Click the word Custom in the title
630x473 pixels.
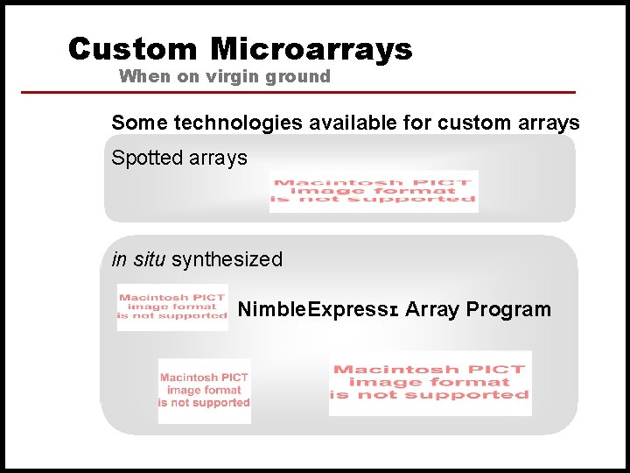[x=134, y=49]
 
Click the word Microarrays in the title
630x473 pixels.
[x=311, y=49]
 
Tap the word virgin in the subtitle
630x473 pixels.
[x=234, y=76]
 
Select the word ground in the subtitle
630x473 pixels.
[x=298, y=76]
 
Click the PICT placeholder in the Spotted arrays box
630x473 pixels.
[x=374, y=191]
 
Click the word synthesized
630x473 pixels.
[x=227, y=260]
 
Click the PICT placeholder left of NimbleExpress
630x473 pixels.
[x=172, y=307]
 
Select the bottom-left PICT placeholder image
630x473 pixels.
[x=204, y=391]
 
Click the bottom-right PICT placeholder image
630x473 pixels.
[x=430, y=383]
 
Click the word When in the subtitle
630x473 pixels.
[x=145, y=76]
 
